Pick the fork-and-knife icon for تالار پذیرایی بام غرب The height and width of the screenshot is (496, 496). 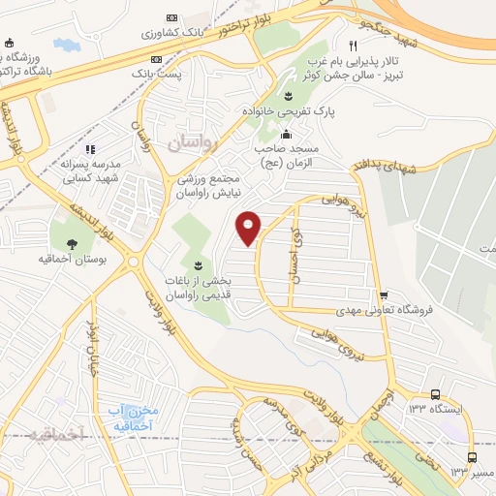point(354,46)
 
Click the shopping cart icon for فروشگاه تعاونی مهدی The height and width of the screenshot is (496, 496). point(384,295)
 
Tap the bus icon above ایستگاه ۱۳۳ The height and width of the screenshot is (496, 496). point(435,394)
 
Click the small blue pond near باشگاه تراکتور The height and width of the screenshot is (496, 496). point(66,45)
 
